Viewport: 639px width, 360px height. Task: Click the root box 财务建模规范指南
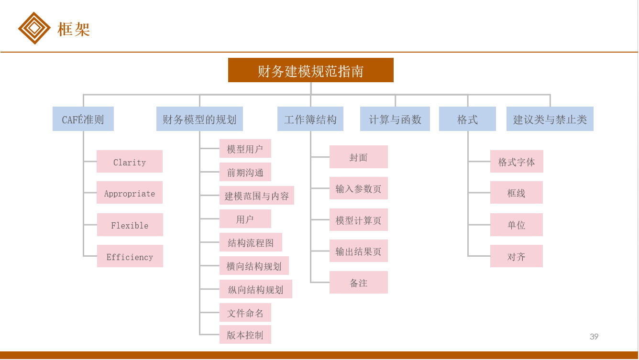(x=310, y=70)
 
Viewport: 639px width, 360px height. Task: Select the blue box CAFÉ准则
(x=83, y=119)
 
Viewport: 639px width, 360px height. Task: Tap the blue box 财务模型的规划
(x=199, y=119)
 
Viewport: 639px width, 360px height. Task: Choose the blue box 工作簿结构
(x=310, y=119)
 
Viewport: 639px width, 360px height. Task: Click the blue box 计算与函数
(x=395, y=119)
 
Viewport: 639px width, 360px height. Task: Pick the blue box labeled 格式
(x=467, y=119)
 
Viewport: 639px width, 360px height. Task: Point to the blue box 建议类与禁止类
(x=550, y=119)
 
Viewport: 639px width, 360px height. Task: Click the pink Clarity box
(x=130, y=162)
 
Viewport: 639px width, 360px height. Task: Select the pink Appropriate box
(x=130, y=193)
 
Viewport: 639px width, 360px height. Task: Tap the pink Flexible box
(x=130, y=225)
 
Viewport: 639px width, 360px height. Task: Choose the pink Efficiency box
(x=130, y=256)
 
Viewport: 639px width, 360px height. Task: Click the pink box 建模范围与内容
(x=257, y=196)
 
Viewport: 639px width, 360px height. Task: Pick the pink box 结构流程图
(x=251, y=242)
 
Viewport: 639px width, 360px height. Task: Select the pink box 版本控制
(x=245, y=335)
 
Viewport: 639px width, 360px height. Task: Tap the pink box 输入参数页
(x=359, y=188)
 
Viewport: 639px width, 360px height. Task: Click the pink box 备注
(x=359, y=283)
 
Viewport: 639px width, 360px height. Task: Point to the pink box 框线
(x=517, y=193)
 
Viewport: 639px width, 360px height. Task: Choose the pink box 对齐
(x=517, y=256)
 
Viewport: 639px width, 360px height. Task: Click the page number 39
(x=594, y=337)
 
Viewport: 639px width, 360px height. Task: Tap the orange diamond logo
(x=34, y=28)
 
